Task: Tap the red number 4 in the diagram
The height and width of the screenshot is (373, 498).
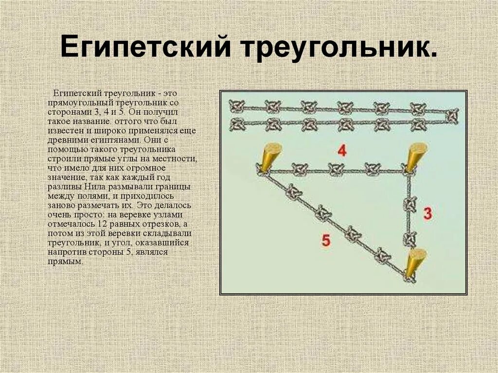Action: point(342,151)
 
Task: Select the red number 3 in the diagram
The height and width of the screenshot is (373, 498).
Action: point(427,213)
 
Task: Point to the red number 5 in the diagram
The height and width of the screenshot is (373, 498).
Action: point(326,240)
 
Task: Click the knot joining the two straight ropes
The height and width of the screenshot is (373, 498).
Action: point(452,116)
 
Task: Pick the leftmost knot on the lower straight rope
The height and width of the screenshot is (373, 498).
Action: point(237,124)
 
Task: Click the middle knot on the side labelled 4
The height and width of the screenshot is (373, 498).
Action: point(336,170)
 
